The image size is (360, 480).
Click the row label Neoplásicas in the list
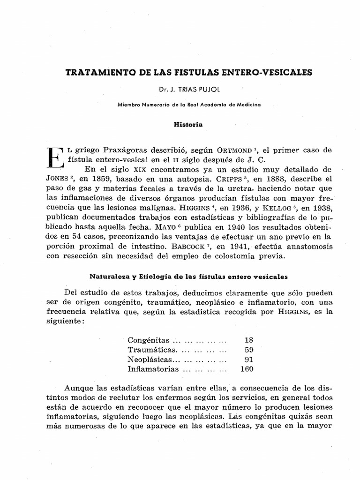pyautogui.click(x=146, y=359)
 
